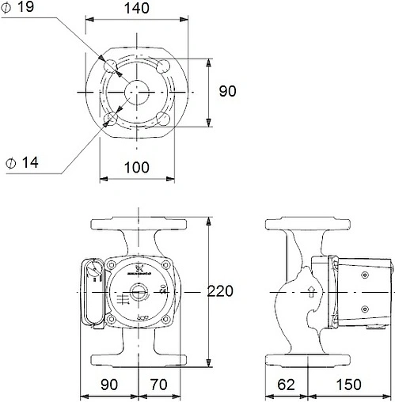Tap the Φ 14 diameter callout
point(23,162)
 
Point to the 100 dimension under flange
point(138,167)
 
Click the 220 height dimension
point(220,291)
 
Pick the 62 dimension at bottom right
point(286,385)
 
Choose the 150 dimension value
point(346,385)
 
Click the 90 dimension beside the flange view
point(228,92)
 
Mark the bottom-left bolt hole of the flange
point(112,119)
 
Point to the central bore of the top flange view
point(138,93)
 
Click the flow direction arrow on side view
point(289,294)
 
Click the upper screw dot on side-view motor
point(365,276)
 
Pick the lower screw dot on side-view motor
point(365,309)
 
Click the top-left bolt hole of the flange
point(112,66)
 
